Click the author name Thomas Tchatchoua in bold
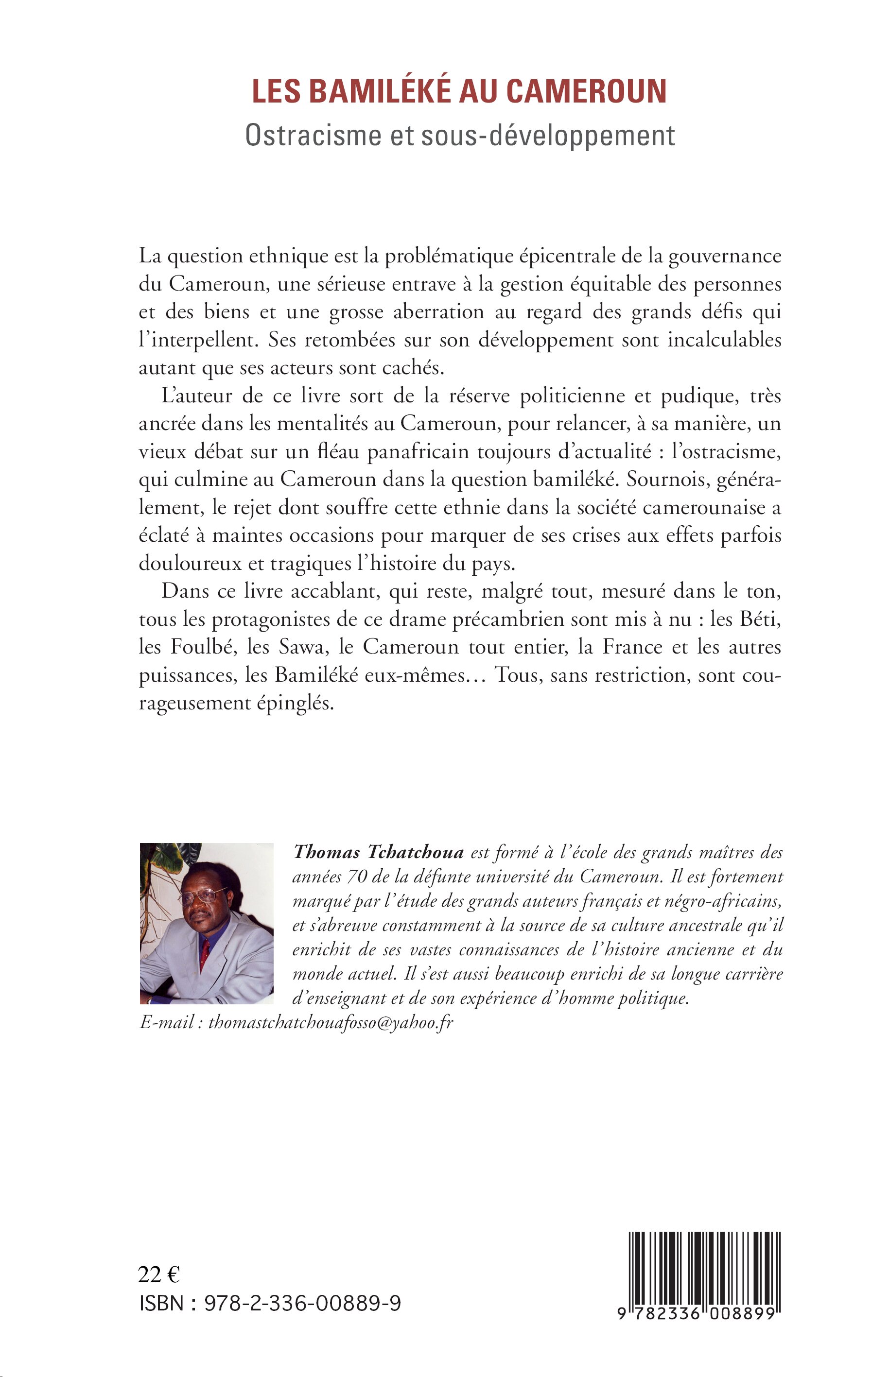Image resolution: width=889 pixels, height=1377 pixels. tap(379, 852)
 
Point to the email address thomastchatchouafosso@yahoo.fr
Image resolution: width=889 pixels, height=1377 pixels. tap(331, 1023)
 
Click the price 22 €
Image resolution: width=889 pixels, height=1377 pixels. tap(159, 1274)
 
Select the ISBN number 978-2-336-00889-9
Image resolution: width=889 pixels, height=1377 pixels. tap(302, 1303)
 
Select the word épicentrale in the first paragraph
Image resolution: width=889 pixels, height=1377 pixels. tap(553, 256)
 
